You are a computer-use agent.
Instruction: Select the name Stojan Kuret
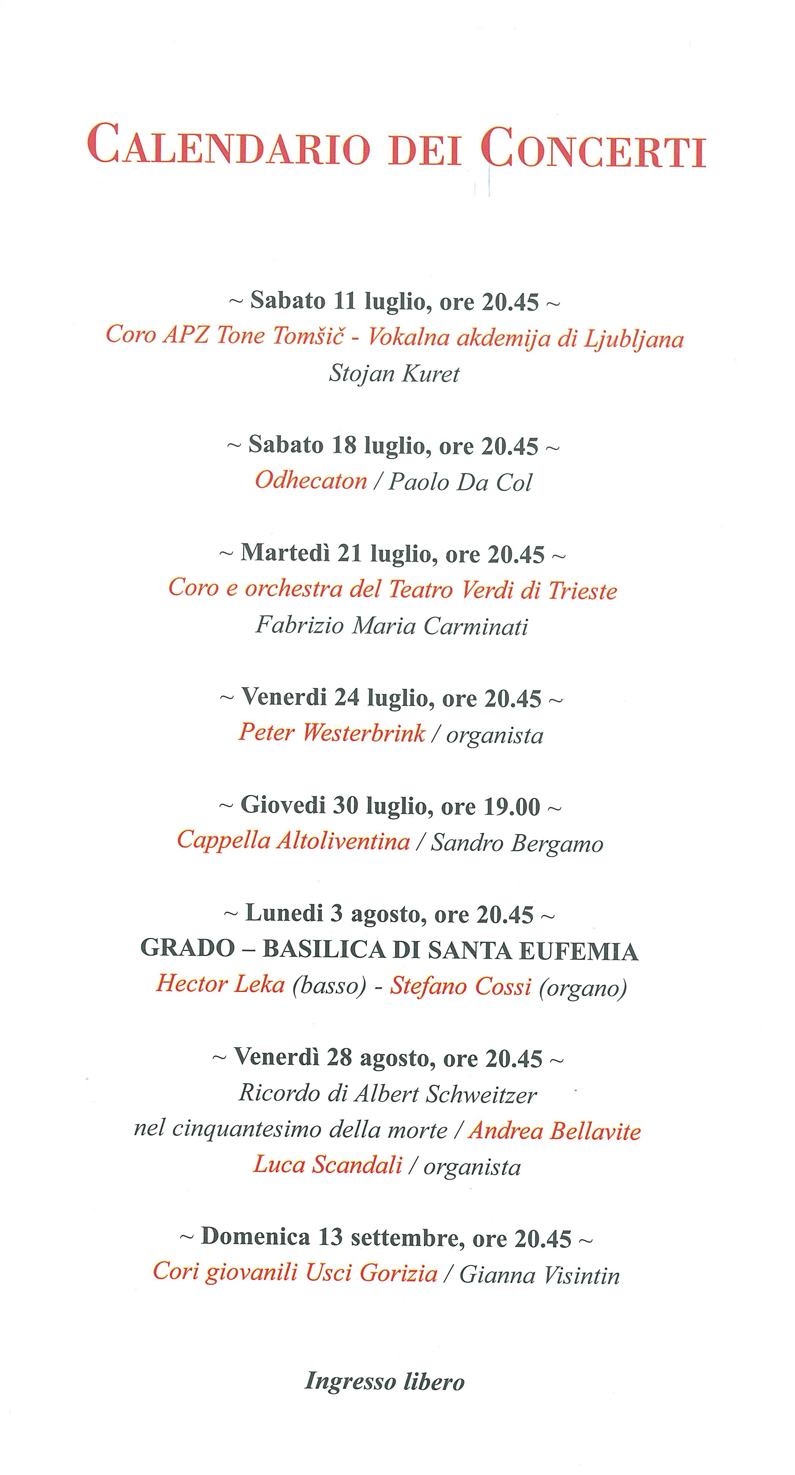pyautogui.click(x=394, y=374)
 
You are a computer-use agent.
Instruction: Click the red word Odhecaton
pyautogui.click(x=311, y=480)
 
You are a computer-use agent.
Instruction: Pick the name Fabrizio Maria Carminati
pyautogui.click(x=392, y=625)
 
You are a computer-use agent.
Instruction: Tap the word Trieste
pyautogui.click(x=583, y=590)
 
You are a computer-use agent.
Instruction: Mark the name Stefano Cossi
pyautogui.click(x=461, y=986)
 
